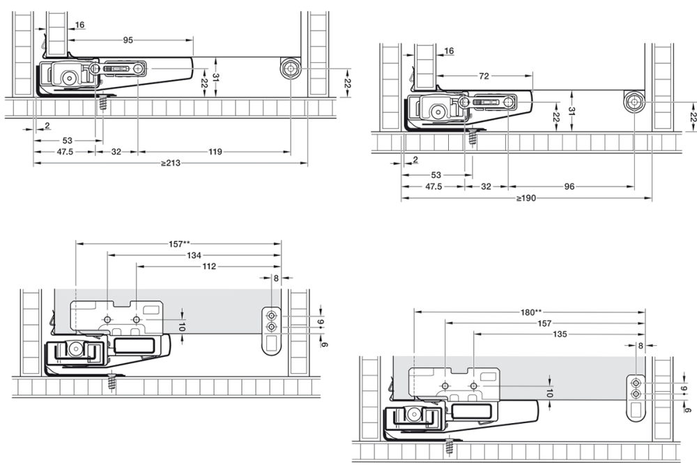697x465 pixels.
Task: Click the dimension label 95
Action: pyautogui.click(x=128, y=40)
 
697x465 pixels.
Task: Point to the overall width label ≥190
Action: pyautogui.click(x=526, y=198)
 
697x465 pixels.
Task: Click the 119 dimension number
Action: pyautogui.click(x=215, y=151)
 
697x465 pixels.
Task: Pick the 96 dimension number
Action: pyautogui.click(x=569, y=186)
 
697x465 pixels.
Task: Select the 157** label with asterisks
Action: pyautogui.click(x=179, y=244)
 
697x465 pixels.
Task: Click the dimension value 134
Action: pyautogui.click(x=194, y=255)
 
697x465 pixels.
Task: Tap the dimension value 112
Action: pyautogui.click(x=209, y=266)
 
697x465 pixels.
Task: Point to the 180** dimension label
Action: pyautogui.click(x=529, y=312)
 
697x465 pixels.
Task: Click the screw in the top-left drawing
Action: pyautogui.click(x=103, y=103)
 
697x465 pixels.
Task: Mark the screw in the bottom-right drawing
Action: pyautogui.click(x=450, y=446)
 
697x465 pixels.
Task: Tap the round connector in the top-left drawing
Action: pyautogui.click(x=290, y=69)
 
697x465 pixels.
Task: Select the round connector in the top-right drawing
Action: pyautogui.click(x=633, y=102)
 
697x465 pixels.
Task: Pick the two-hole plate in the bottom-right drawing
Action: pyautogui.click(x=636, y=397)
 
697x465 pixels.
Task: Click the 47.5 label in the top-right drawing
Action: pyautogui.click(x=432, y=186)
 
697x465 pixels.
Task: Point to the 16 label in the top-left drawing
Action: pyautogui.click(x=79, y=25)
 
